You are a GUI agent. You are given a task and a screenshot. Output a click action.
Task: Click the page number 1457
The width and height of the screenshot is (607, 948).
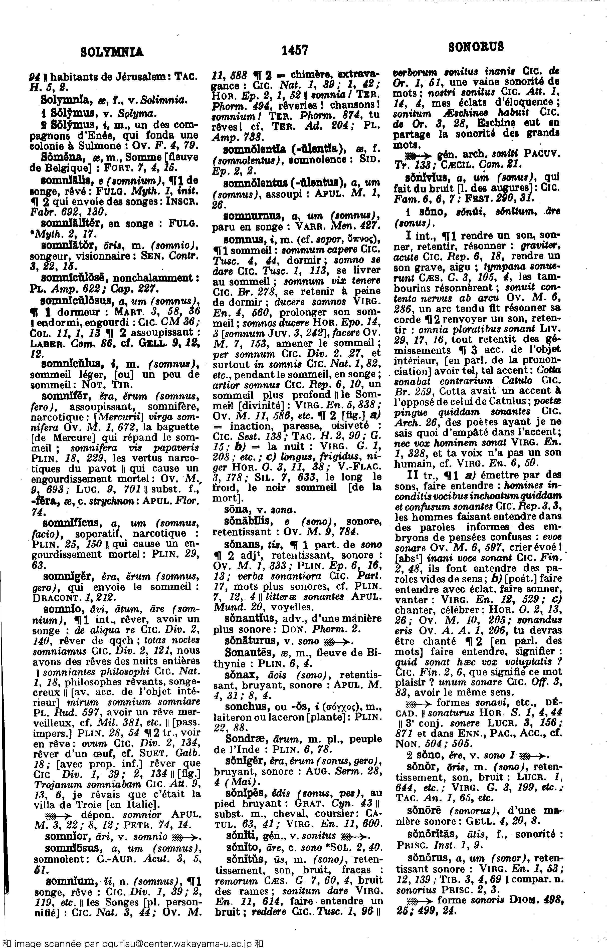coord(295,50)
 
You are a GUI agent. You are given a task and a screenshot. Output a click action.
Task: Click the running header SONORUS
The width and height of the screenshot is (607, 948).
coord(476,47)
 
